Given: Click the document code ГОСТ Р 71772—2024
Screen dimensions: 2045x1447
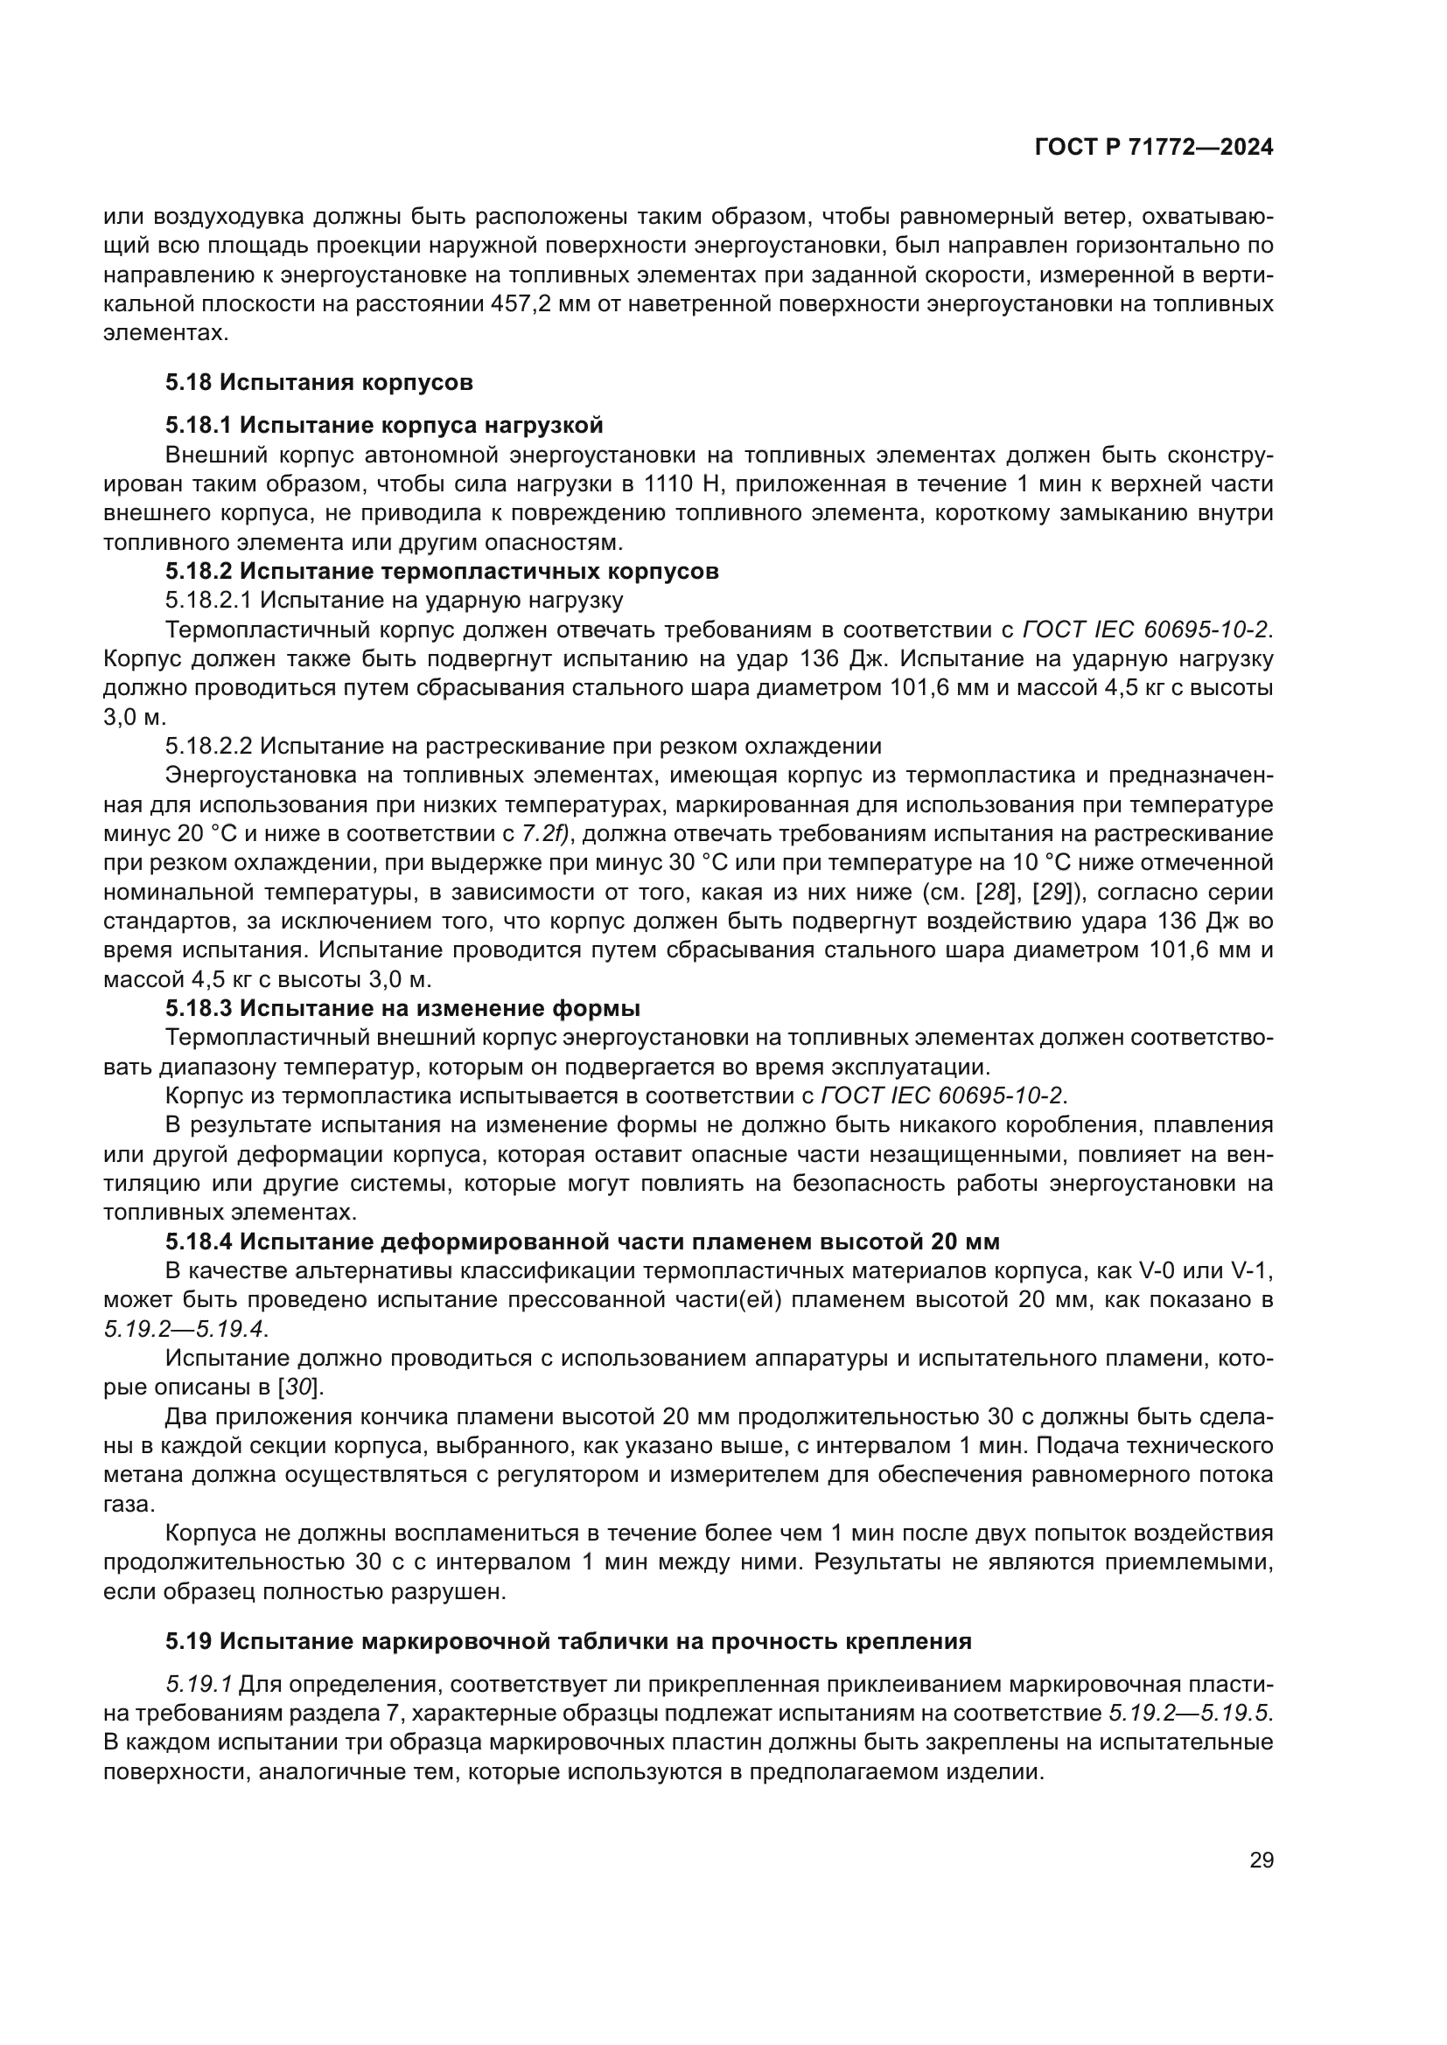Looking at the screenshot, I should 1154,148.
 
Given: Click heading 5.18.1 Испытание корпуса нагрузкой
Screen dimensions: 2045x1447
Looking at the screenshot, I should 384,425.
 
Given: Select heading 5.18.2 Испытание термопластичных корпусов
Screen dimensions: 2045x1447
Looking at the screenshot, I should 442,572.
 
